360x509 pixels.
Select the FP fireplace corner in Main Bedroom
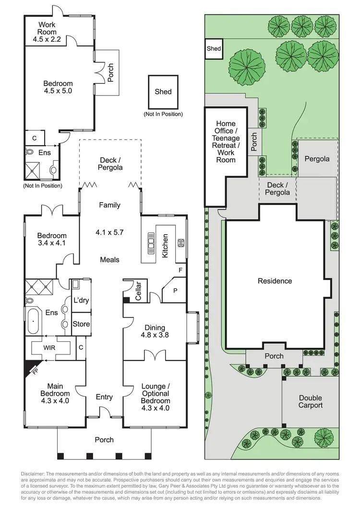click(31, 369)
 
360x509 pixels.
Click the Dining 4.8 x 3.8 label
click(155, 331)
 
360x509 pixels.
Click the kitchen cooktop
click(181, 242)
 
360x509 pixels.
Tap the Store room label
click(81, 324)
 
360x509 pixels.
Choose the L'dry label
click(81, 301)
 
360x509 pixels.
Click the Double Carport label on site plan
click(311, 401)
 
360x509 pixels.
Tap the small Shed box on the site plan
click(214, 49)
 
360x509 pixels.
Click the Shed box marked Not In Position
click(163, 92)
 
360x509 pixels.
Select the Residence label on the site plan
click(275, 281)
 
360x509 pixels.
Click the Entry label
click(104, 397)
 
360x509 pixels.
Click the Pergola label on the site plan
click(316, 158)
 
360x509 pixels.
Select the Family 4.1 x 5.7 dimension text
click(110, 232)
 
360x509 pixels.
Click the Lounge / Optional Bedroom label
click(155, 397)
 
